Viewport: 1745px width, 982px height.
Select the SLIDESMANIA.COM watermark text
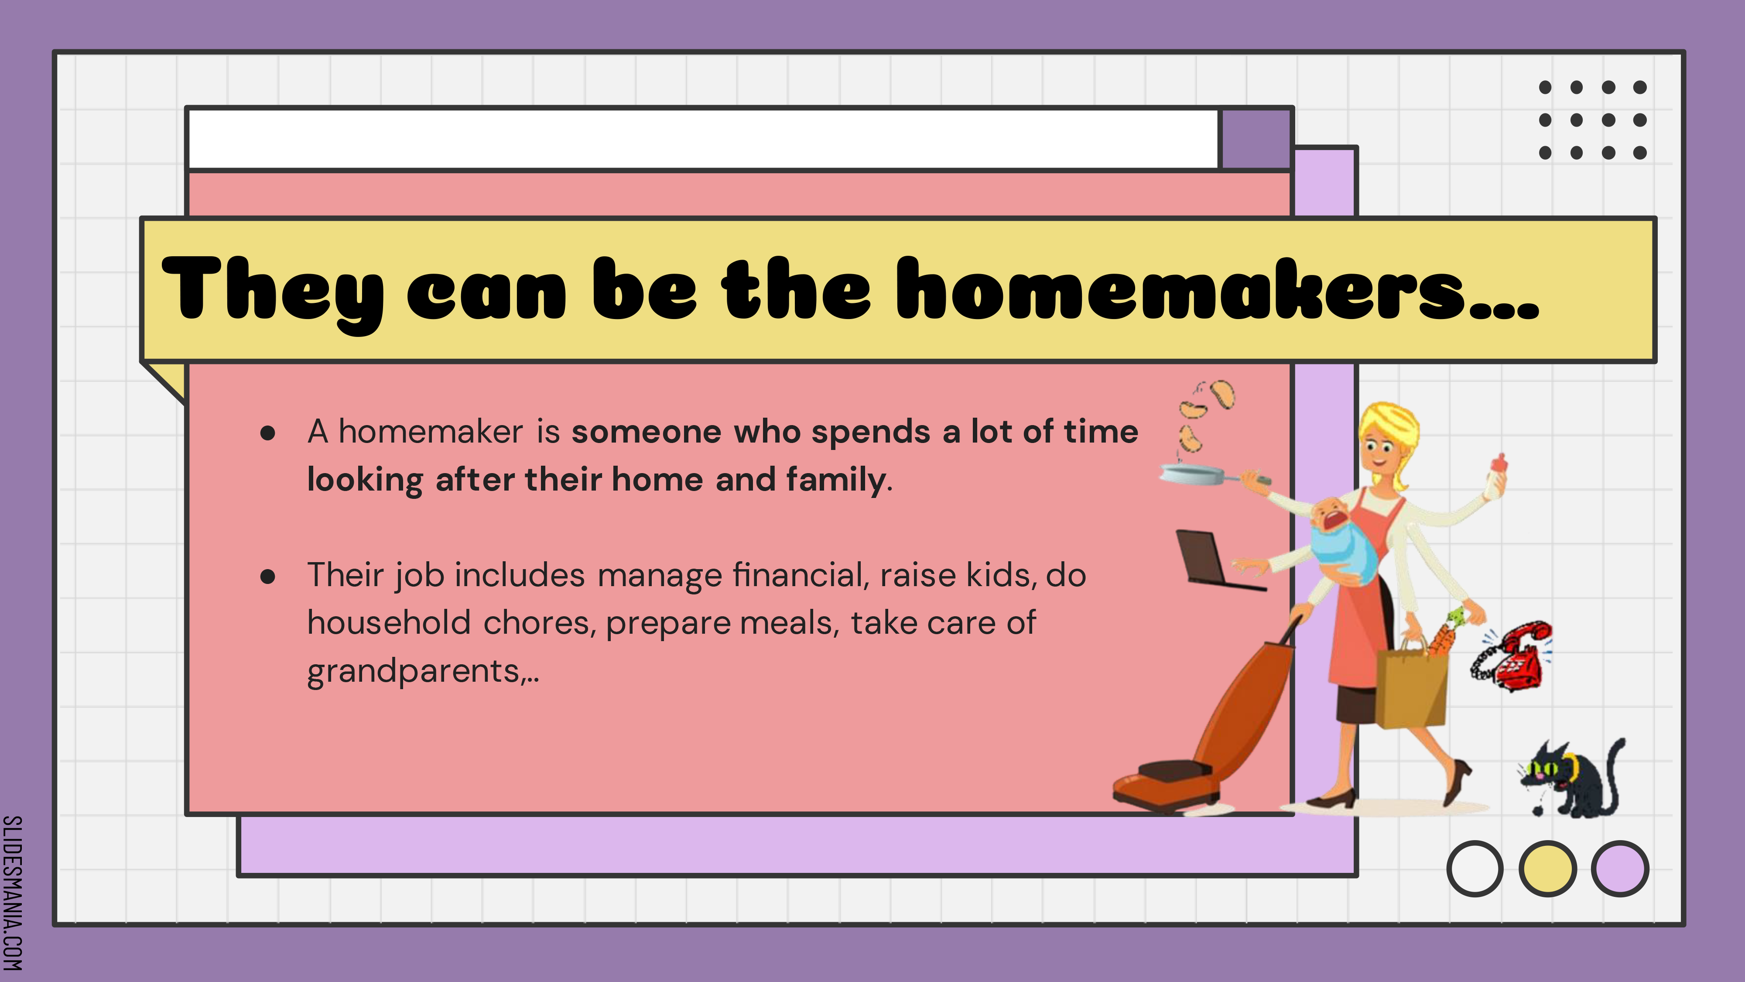pos(12,893)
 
